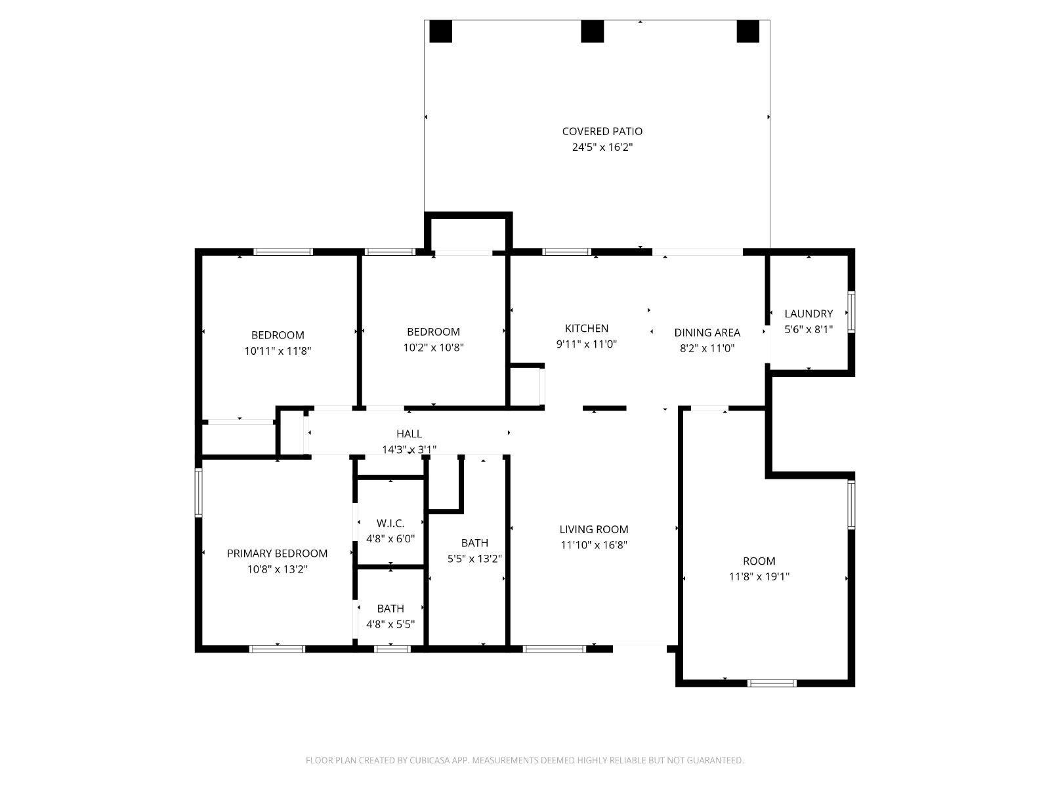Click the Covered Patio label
(x=602, y=131)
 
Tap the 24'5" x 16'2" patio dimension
(x=602, y=147)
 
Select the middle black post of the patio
(x=592, y=31)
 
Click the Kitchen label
(x=587, y=329)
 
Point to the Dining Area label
(x=707, y=333)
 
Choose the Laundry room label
(x=808, y=314)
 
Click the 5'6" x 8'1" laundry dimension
(x=808, y=329)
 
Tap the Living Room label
(x=594, y=529)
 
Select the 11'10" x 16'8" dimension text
(x=594, y=545)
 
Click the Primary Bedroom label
(x=277, y=554)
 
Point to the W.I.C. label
(x=390, y=523)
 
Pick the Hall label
(x=409, y=434)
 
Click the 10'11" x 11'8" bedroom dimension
(x=278, y=352)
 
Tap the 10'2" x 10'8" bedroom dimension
(x=433, y=348)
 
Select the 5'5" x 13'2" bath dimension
(x=474, y=559)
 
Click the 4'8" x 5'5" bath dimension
(x=390, y=624)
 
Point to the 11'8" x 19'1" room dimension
(x=759, y=576)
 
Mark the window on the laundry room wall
(x=851, y=312)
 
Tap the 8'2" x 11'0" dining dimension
(x=707, y=348)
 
